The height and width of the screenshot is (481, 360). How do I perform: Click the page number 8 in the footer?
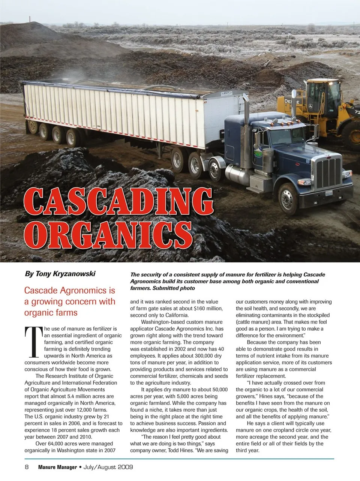[27, 467]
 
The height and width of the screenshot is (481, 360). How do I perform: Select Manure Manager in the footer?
[57, 467]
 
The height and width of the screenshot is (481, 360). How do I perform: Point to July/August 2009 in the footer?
[108, 467]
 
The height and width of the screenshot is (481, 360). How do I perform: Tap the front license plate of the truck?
[329, 193]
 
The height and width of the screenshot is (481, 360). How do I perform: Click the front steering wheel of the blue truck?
[288, 198]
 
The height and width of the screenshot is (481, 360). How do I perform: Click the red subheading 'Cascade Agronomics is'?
[70, 291]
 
